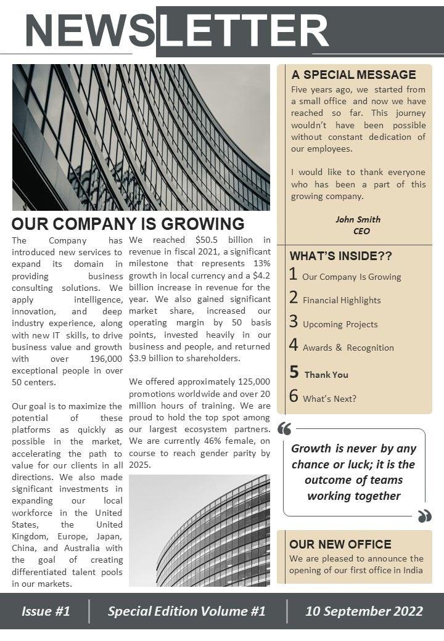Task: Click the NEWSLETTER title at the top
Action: pos(177,31)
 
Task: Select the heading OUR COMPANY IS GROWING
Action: pos(128,224)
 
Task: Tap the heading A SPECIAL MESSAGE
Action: pos(353,75)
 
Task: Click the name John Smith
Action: pos(358,219)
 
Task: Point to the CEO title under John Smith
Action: pos(361,231)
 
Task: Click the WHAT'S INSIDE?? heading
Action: pos(340,256)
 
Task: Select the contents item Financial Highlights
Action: pos(342,300)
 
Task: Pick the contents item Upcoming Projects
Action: pos(340,324)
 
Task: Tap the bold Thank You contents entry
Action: pos(326,375)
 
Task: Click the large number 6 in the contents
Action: pos(294,396)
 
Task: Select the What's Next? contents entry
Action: pos(329,399)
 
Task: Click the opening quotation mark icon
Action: pos(284,429)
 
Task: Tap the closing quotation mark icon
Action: pos(424,516)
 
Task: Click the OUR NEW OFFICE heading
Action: pos(340,544)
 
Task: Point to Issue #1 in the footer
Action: pos(46,611)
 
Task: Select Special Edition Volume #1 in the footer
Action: pos(186,611)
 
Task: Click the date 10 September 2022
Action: pos(364,611)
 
